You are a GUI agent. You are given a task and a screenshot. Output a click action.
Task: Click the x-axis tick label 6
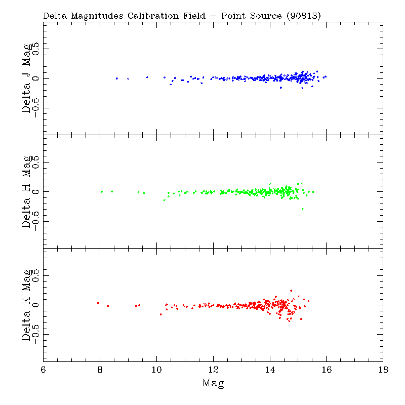pos(44,370)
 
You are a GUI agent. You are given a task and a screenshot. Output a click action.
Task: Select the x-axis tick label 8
pos(100,370)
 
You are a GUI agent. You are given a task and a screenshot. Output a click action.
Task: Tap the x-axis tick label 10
pos(156,370)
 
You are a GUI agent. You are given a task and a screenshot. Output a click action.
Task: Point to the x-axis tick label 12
pos(213,370)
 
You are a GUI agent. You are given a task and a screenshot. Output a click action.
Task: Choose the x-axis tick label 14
pos(270,370)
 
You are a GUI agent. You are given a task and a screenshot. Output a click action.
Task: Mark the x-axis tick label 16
pos(327,370)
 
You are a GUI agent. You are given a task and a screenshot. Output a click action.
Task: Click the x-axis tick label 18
pos(383,370)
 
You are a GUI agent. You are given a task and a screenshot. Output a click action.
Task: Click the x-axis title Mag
pos(213,383)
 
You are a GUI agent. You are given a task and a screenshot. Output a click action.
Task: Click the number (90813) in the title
pos(303,16)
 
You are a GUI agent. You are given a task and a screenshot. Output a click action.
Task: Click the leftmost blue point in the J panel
pos(116,78)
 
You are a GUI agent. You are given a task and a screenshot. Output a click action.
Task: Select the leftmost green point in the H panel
pos(102,192)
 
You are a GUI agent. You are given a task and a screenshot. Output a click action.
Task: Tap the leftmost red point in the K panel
pos(98,303)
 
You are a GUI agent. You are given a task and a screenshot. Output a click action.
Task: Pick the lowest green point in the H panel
pos(303,209)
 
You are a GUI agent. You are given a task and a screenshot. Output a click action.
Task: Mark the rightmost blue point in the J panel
pos(326,76)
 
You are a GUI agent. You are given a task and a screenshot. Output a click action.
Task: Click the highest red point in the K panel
pos(291,291)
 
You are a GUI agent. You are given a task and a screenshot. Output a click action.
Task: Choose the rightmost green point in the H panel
pos(313,192)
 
